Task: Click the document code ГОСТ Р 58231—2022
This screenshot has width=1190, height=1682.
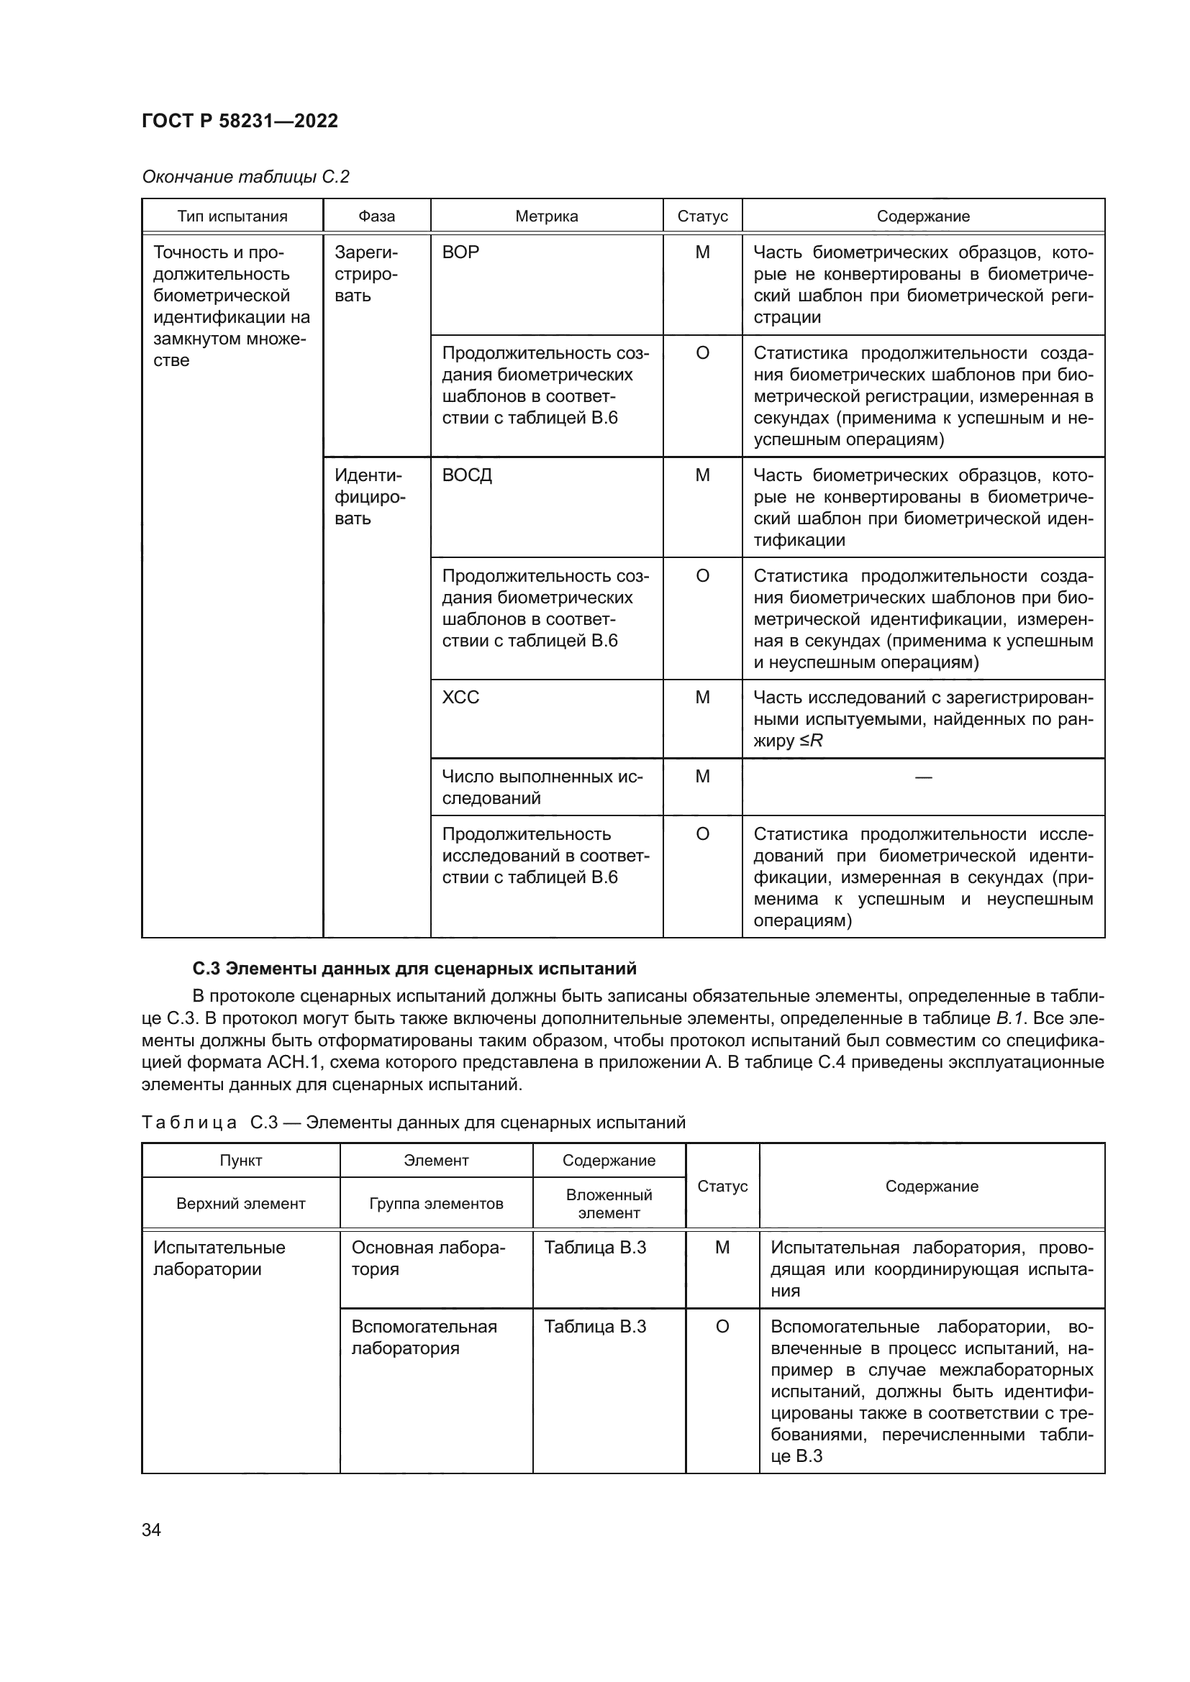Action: pyautogui.click(x=240, y=121)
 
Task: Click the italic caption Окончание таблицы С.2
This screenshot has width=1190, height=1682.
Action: pyautogui.click(x=245, y=177)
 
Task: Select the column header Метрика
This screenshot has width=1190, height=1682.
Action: pyautogui.click(x=546, y=216)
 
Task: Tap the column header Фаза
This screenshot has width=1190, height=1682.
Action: pyautogui.click(x=376, y=216)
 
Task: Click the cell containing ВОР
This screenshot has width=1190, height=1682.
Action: pyautogui.click(x=461, y=252)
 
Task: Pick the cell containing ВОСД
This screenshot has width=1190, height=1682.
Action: pyautogui.click(x=467, y=475)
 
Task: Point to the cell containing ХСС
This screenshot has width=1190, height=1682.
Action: pyautogui.click(x=461, y=698)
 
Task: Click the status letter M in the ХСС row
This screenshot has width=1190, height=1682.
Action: pyautogui.click(x=702, y=698)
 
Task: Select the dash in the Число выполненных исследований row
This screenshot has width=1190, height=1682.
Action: pyautogui.click(x=923, y=777)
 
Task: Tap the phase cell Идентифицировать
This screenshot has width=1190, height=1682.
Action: pyautogui.click(x=368, y=497)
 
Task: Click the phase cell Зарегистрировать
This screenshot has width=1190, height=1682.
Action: pyautogui.click(x=366, y=274)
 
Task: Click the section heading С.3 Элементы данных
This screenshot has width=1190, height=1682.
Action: pyautogui.click(x=414, y=969)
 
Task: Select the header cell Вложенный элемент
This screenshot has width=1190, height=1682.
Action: pyautogui.click(x=608, y=1204)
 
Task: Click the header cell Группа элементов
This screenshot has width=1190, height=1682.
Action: pyautogui.click(x=436, y=1204)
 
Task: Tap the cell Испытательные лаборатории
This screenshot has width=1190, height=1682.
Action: pyautogui.click(x=219, y=1258)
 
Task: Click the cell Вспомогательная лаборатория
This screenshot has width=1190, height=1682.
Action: pyautogui.click(x=424, y=1337)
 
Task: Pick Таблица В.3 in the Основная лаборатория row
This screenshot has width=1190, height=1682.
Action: pyautogui.click(x=595, y=1248)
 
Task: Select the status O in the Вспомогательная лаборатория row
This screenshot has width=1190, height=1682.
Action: pyautogui.click(x=722, y=1327)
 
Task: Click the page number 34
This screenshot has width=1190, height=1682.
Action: pyautogui.click(x=151, y=1530)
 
